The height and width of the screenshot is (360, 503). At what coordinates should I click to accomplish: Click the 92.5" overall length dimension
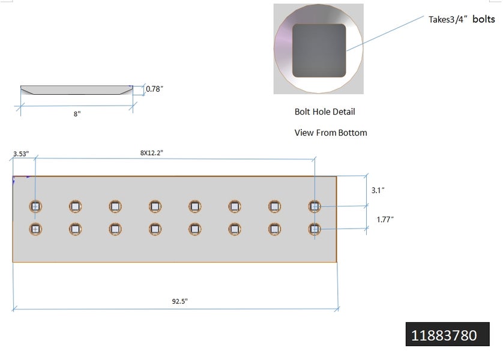(176, 302)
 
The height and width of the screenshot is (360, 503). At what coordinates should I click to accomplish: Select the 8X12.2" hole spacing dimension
(152, 153)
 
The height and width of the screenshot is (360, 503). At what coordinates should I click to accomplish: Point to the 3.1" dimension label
(378, 190)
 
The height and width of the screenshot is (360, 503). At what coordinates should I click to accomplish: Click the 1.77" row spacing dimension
(385, 220)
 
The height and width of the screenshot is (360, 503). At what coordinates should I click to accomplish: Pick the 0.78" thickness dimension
(154, 89)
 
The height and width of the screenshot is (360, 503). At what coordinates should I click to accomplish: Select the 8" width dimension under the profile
(77, 113)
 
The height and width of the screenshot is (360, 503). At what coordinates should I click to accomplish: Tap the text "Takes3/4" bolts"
(462, 20)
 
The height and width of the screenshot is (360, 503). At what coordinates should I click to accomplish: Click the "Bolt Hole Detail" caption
(325, 112)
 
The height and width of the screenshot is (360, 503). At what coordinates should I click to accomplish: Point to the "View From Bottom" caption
(330, 133)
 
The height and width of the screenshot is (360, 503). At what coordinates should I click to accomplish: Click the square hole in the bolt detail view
(319, 50)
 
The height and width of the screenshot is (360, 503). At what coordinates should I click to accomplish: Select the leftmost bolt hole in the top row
(35, 206)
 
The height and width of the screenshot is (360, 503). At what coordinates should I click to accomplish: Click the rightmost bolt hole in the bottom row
(314, 229)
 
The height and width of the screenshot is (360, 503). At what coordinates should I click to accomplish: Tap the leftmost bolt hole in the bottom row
(35, 229)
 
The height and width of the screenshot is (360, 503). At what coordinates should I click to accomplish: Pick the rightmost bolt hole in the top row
(314, 206)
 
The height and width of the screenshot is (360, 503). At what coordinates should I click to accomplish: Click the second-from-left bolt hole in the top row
(75, 206)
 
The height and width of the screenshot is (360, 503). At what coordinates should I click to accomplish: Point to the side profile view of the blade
(77, 90)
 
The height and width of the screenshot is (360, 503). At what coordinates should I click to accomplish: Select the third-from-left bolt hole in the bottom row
(115, 229)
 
